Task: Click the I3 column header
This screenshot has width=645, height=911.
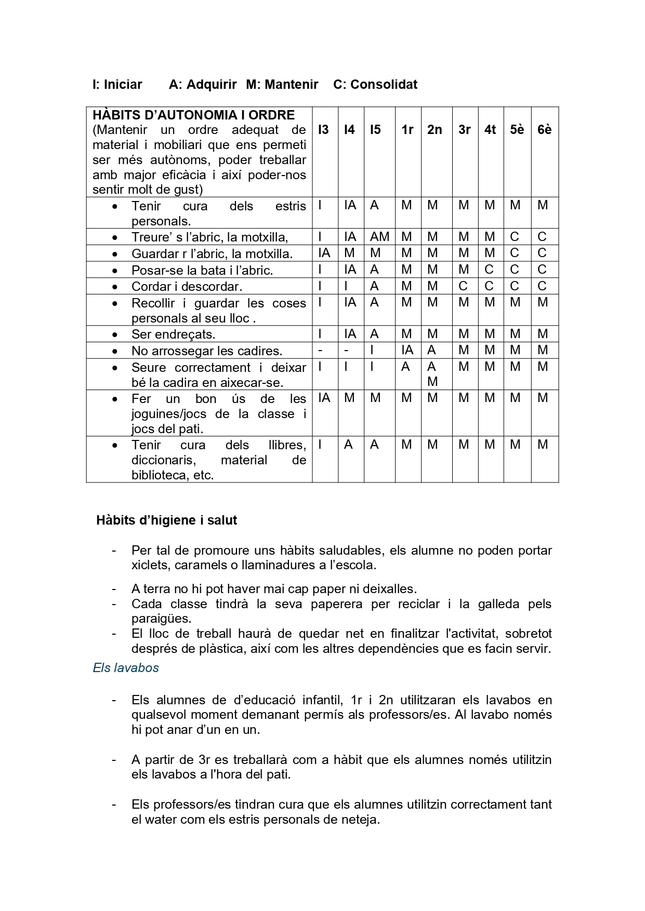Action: (323, 130)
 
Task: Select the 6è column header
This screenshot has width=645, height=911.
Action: (544, 130)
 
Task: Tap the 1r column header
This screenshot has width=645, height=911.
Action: (407, 130)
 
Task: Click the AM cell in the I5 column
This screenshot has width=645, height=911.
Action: (379, 237)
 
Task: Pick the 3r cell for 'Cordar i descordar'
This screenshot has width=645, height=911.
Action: (463, 286)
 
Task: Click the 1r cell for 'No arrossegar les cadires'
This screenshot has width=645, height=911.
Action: (407, 350)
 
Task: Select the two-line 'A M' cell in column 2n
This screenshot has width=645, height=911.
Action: (432, 374)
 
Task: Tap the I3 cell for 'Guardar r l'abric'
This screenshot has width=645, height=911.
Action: (324, 253)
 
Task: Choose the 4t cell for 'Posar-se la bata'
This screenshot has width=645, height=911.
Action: (489, 270)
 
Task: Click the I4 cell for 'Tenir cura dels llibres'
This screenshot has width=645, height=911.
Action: (348, 445)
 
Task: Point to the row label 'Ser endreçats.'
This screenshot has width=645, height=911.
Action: (173, 334)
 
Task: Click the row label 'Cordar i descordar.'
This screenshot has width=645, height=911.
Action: (187, 287)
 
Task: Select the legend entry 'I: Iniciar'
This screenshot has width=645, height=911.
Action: (117, 85)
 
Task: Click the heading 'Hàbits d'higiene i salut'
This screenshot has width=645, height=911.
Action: (166, 520)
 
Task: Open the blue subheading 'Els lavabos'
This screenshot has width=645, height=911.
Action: (126, 667)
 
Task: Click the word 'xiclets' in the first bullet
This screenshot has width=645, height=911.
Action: (151, 565)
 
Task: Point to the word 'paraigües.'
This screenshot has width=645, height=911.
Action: (161, 619)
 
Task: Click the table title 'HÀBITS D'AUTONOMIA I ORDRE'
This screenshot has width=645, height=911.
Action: (193, 115)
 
